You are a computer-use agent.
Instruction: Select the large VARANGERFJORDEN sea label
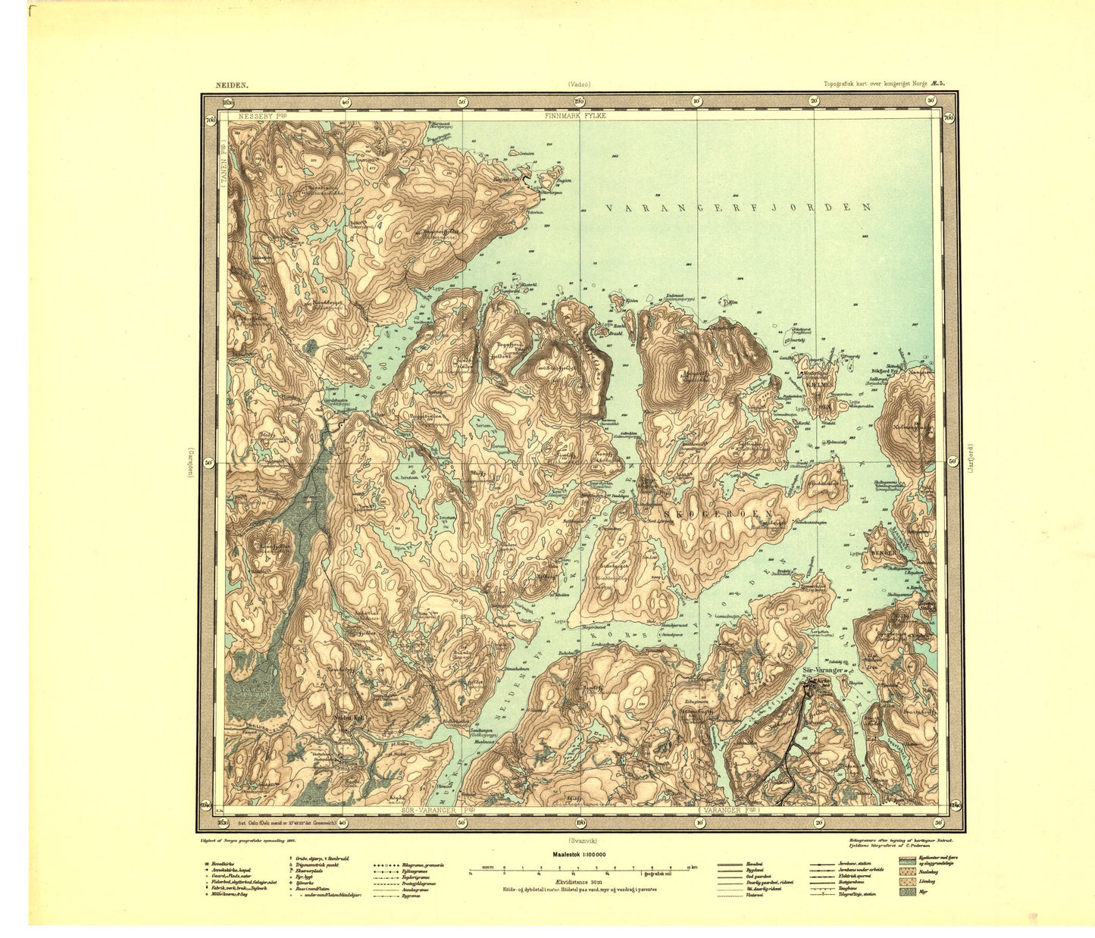738,207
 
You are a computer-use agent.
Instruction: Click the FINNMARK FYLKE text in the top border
575,116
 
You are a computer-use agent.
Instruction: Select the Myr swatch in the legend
906,893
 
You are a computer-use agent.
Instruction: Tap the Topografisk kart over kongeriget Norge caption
884,86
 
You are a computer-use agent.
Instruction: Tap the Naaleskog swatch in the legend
906,871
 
